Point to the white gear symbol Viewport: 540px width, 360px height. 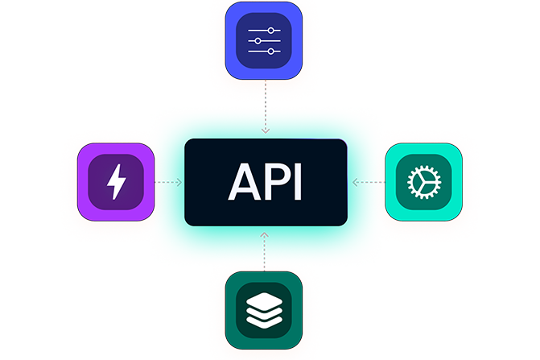(423, 183)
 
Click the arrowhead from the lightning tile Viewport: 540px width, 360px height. (179, 183)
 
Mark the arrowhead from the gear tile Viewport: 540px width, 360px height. (352, 183)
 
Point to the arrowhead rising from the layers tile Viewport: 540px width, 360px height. (265, 234)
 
